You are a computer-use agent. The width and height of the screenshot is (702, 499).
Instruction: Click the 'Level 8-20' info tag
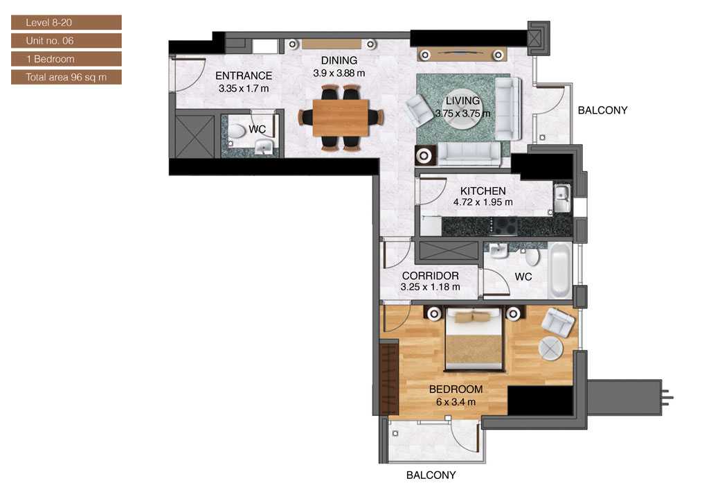66,23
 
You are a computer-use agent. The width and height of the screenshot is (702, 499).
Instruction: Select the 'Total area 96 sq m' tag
66,77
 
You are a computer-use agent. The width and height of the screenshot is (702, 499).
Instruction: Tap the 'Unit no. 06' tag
66,41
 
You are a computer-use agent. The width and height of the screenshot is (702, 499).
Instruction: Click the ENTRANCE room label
243,76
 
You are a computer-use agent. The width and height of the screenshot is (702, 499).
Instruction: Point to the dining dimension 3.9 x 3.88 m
339,72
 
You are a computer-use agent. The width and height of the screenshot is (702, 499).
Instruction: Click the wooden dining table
341,118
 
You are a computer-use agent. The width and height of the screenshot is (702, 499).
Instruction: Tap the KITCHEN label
483,191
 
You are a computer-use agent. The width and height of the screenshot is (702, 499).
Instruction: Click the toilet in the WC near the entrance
237,131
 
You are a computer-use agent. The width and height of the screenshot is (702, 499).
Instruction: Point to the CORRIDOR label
430,276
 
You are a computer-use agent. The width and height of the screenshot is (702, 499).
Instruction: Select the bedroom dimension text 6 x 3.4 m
455,401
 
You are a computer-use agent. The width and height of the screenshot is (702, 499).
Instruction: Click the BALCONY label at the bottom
431,475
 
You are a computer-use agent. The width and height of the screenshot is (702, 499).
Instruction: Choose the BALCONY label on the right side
602,110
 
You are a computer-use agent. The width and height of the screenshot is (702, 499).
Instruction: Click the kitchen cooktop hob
504,226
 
